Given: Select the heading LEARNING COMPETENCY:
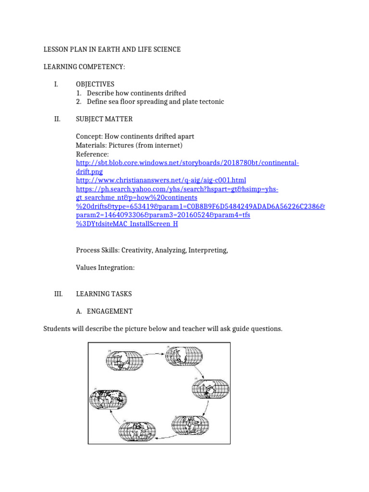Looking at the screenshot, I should click(84, 66).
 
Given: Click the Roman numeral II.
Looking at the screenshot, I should click(57, 119).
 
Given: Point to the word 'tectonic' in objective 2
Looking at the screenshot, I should click(210, 102).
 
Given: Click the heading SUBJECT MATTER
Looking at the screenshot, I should click(104, 119).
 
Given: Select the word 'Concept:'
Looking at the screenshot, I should click(89, 137).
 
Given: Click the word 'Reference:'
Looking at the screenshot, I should click(92, 154).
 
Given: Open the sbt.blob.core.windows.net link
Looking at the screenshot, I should click(187, 163).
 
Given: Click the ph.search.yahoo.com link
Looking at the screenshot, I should click(177, 189).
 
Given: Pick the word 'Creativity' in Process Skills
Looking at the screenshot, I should click(137, 250).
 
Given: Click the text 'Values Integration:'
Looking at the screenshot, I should click(105, 268).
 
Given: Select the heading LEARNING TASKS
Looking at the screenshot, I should click(104, 294).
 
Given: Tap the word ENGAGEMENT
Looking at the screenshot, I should click(110, 311).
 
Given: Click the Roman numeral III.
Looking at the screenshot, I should click(58, 294).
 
